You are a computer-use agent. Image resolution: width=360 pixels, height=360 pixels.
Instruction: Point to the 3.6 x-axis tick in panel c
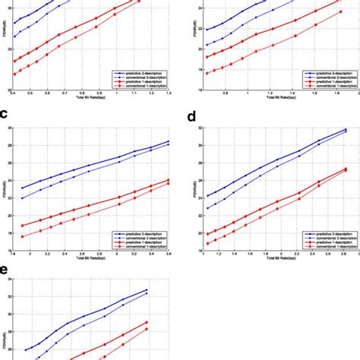169,252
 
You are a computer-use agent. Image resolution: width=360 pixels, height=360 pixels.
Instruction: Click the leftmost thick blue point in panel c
23,188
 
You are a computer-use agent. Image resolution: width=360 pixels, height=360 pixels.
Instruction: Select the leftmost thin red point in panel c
23,236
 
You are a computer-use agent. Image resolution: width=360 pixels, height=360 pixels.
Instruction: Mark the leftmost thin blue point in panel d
207,207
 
